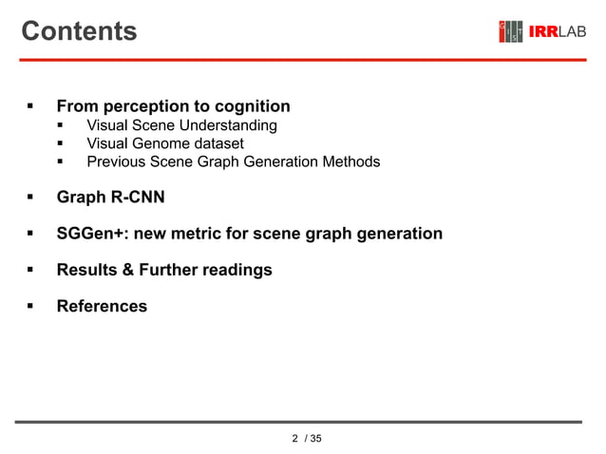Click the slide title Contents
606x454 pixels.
pos(79,31)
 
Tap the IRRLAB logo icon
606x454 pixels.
pos(511,31)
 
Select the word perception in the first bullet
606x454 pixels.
pos(144,106)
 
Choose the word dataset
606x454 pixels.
pos(215,143)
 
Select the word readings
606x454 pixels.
pos(238,270)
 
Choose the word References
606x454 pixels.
pos(102,306)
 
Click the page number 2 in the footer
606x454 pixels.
pos(294,438)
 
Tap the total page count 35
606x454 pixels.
pos(315,438)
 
